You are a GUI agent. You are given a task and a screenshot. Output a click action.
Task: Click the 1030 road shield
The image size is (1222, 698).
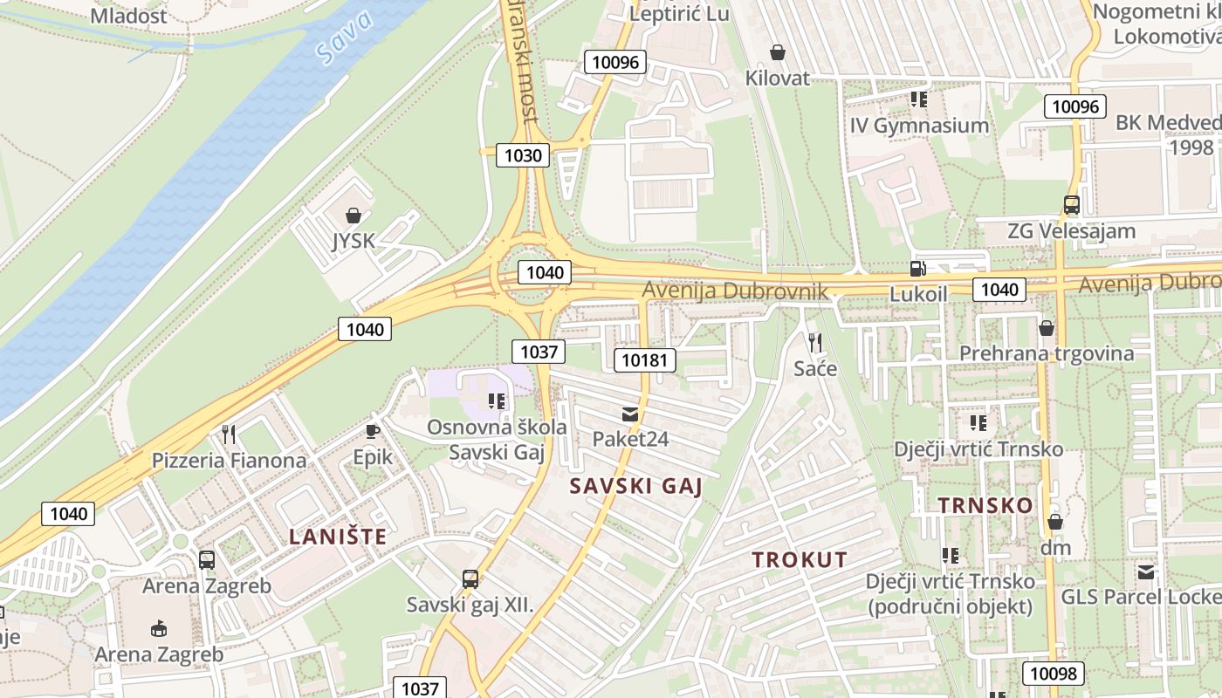coord(523,155)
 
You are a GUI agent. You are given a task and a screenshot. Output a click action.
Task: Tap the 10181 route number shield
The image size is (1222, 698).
coord(645,359)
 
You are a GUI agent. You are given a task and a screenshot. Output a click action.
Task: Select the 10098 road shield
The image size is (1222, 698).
coord(1054,674)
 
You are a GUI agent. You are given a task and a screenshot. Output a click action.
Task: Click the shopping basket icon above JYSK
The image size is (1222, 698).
coord(354,215)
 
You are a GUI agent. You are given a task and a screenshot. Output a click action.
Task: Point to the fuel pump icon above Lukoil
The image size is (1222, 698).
coord(917,269)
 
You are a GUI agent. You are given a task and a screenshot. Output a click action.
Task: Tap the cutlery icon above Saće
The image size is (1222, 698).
coord(815,342)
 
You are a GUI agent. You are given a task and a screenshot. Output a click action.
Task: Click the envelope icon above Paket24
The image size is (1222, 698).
coord(630,414)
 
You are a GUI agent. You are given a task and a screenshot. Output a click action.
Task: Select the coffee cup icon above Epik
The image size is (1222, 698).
coord(373,431)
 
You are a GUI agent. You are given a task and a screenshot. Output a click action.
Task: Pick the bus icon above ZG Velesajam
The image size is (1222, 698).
coord(1071,205)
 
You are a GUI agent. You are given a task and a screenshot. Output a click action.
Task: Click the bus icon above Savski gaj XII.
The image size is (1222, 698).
coord(470,578)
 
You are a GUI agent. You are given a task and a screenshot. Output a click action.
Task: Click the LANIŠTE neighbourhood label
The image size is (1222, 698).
coord(338,537)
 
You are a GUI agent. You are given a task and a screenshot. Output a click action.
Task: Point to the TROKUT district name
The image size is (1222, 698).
coord(800,560)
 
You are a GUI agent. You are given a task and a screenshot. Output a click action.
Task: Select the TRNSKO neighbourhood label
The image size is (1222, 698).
coord(985,505)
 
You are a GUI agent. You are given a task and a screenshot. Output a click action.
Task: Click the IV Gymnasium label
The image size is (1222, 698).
coord(919,126)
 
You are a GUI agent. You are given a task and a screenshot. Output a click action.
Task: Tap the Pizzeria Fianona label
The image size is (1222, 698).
coord(230,460)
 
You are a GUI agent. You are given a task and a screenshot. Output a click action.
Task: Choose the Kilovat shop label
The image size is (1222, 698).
coord(777,78)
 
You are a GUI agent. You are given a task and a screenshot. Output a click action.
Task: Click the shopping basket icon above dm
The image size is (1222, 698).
coord(1054,522)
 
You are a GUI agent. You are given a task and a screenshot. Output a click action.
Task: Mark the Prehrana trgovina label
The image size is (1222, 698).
coord(1047,353)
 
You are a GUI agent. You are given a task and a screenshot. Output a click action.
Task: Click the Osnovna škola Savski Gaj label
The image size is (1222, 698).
coord(497,440)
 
